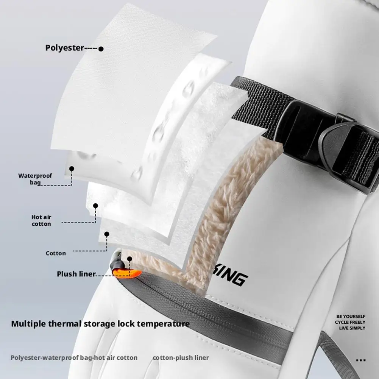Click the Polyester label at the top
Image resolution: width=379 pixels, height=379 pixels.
[x=64, y=48]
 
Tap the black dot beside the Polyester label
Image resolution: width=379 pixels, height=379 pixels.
[x=101, y=49]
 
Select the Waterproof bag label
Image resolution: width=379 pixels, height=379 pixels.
[x=35, y=179]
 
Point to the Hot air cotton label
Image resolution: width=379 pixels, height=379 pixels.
[x=41, y=220]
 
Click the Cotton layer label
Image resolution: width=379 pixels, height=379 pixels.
[x=56, y=253]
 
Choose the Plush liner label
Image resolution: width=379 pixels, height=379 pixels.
[x=76, y=274]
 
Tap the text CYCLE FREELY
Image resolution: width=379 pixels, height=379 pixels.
[x=350, y=322]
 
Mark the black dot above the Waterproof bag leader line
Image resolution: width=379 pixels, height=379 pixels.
[x=72, y=168]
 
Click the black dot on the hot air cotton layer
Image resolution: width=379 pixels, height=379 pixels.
[x=96, y=206]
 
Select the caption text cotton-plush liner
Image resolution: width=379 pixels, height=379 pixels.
[x=181, y=357]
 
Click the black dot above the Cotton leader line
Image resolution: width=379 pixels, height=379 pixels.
[x=107, y=234]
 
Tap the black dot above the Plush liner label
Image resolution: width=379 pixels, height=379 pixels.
[x=129, y=259]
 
